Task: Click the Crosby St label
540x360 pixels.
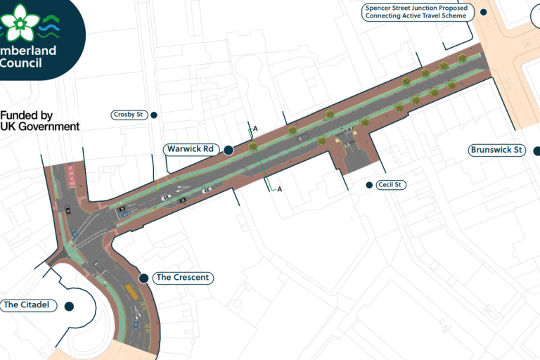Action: click(x=130, y=115)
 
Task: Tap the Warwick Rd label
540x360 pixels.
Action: click(x=189, y=149)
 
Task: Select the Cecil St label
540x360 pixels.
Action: click(x=392, y=184)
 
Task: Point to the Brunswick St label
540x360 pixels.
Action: click(x=496, y=150)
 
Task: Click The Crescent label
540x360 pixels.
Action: click(x=182, y=278)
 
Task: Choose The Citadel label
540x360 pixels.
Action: click(x=27, y=305)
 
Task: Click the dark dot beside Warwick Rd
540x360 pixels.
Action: click(x=229, y=149)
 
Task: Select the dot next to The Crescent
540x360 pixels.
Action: click(x=143, y=278)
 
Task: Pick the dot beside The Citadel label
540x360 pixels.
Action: click(x=69, y=306)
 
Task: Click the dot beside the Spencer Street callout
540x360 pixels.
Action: click(x=483, y=12)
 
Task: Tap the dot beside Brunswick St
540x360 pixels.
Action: click(x=536, y=150)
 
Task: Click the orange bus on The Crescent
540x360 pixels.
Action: click(x=131, y=290)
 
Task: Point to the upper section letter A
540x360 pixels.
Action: click(x=255, y=129)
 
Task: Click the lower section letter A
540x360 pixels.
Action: click(x=280, y=189)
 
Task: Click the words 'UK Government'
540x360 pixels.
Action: click(x=40, y=127)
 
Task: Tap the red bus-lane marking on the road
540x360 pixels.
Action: click(x=70, y=176)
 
